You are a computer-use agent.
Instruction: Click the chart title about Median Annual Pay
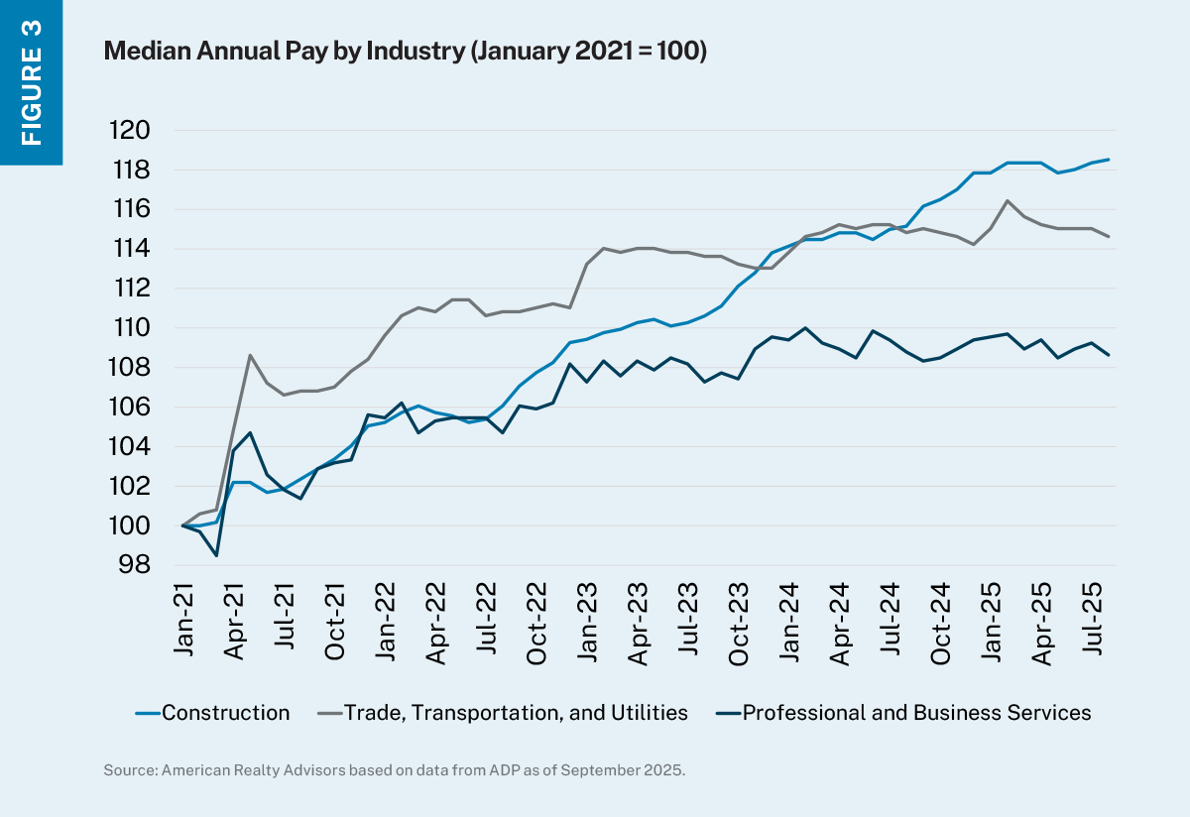405,53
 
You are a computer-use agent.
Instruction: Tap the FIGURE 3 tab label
31,81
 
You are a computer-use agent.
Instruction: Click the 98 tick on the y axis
137,565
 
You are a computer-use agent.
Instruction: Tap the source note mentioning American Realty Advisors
394,769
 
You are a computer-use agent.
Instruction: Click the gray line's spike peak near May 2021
250,355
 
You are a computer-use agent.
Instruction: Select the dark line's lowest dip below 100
216,555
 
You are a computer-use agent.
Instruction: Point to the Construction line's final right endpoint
1109,160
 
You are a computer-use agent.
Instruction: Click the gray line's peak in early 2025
1008,201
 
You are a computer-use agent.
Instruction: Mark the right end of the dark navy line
1109,355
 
